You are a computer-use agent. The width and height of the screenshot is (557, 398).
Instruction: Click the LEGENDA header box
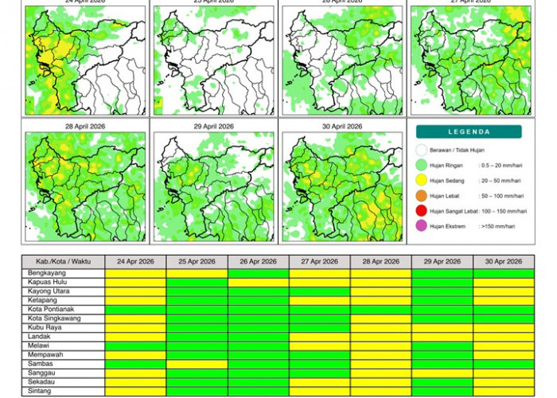click(469, 132)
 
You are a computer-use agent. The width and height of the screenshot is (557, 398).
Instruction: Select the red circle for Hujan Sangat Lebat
click(421, 211)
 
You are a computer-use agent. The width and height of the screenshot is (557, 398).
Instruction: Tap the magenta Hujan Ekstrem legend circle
click(421, 226)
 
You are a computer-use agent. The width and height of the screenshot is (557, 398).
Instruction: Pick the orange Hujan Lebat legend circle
click(421, 196)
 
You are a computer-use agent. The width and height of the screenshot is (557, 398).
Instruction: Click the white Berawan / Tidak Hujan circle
click(421, 150)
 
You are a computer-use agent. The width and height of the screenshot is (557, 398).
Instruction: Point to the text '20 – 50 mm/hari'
click(501, 181)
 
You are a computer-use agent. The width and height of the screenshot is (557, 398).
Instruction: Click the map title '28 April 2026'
click(85, 127)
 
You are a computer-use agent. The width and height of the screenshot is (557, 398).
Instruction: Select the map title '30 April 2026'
click(342, 127)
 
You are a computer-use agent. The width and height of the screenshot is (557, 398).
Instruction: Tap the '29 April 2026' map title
click(214, 127)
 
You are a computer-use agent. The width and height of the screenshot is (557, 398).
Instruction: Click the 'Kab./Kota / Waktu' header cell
click(64, 261)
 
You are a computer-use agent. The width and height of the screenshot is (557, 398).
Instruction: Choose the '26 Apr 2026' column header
click(259, 261)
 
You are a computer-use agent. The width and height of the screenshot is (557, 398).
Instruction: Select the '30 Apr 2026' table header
click(504, 261)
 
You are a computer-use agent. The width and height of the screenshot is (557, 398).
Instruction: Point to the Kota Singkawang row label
click(55, 318)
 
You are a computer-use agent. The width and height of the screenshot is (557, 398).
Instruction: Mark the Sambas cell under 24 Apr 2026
click(135, 364)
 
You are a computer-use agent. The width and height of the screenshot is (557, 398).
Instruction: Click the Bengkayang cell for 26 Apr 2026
click(259, 273)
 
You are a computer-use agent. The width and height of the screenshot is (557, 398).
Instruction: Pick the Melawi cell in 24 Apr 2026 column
click(135, 345)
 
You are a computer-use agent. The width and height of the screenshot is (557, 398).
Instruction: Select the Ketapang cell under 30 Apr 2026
click(504, 300)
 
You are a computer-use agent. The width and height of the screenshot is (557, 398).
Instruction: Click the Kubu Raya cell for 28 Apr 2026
click(381, 327)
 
